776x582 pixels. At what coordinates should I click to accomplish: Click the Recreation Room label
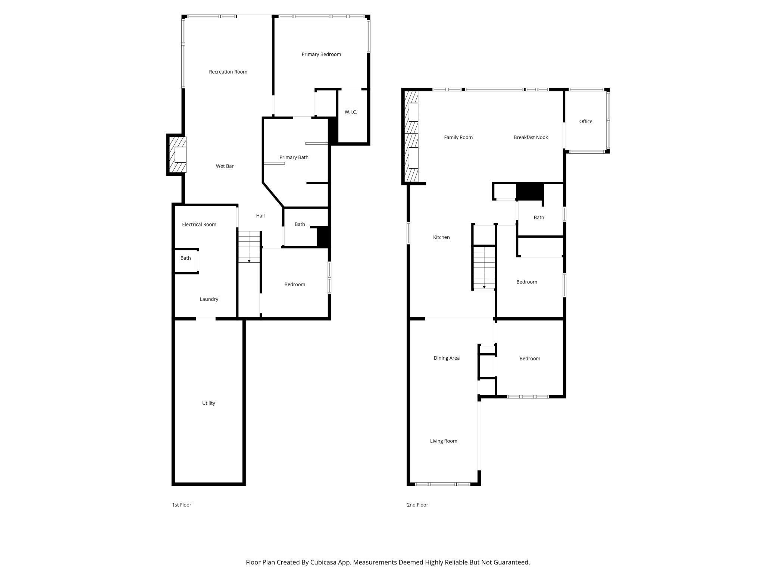228,72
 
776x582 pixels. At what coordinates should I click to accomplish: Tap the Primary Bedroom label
321,54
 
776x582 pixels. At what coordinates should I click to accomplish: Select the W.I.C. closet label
351,112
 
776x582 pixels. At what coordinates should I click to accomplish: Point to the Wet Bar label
225,166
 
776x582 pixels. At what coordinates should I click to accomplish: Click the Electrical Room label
199,224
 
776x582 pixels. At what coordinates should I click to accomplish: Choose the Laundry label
209,299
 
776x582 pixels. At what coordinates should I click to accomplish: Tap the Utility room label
208,403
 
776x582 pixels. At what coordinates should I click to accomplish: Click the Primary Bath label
294,157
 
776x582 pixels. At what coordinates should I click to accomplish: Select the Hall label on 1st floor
260,216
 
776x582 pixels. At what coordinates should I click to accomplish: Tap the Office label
585,121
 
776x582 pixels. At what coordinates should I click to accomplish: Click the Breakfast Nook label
531,137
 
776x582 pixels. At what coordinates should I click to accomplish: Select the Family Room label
458,137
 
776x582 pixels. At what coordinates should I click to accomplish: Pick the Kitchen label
441,237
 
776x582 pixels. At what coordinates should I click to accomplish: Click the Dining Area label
446,358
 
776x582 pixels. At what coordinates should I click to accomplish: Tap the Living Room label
443,441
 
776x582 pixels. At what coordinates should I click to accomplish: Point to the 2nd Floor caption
417,505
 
